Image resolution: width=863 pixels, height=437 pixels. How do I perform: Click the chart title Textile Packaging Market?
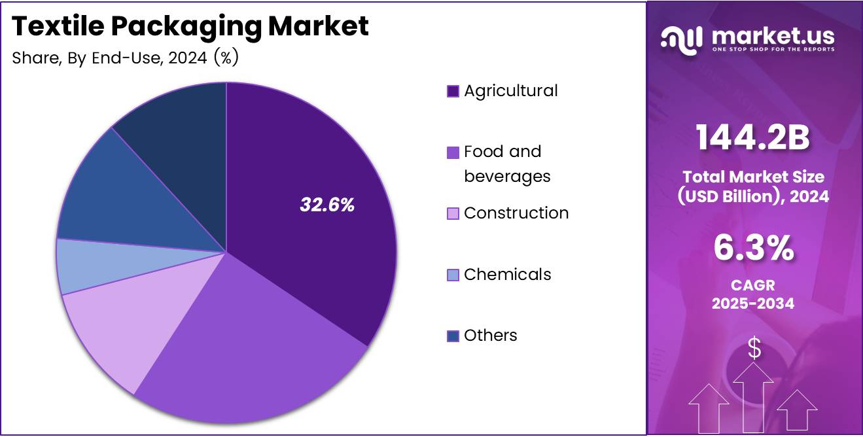coord(190,26)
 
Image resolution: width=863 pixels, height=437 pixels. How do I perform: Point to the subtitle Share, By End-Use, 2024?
coord(125,58)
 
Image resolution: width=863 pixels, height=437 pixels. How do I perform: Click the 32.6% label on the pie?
coord(327,205)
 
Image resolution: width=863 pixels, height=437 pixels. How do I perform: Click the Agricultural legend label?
coord(510,91)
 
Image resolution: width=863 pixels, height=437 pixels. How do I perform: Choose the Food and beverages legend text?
coord(506,164)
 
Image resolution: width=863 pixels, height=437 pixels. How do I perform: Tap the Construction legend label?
coord(516,213)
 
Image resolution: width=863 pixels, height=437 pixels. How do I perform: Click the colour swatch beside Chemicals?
coord(453,275)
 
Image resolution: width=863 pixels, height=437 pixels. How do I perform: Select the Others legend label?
coord(490,336)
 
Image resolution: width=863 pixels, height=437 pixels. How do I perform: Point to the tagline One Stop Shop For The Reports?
coord(772,50)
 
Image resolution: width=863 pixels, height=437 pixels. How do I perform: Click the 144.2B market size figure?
coord(752,139)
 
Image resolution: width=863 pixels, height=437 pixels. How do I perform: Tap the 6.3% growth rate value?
coord(753,249)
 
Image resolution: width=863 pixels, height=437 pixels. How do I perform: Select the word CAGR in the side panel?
coord(753,286)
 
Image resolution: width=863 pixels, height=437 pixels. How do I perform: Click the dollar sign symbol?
coord(754,349)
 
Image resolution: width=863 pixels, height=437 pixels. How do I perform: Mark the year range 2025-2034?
coord(753,304)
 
